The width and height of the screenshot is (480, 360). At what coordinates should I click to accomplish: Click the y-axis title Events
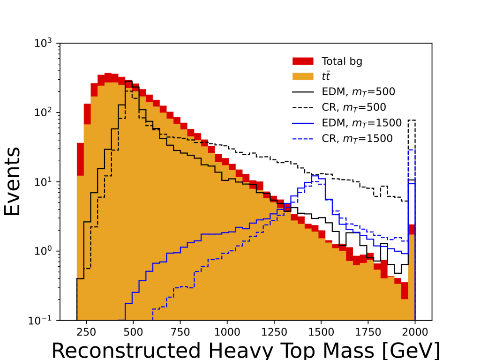click(13, 181)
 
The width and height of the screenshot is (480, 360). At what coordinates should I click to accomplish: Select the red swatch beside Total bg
click(303, 61)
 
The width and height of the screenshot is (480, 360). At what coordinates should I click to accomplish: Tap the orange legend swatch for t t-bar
click(303, 76)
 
